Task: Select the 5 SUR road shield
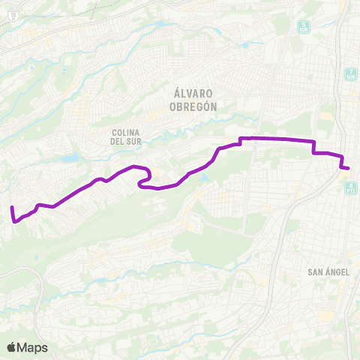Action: point(304,27)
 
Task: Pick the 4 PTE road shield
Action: point(351,187)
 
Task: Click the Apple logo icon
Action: point(11,347)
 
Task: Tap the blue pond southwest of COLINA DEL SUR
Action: point(70,158)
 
